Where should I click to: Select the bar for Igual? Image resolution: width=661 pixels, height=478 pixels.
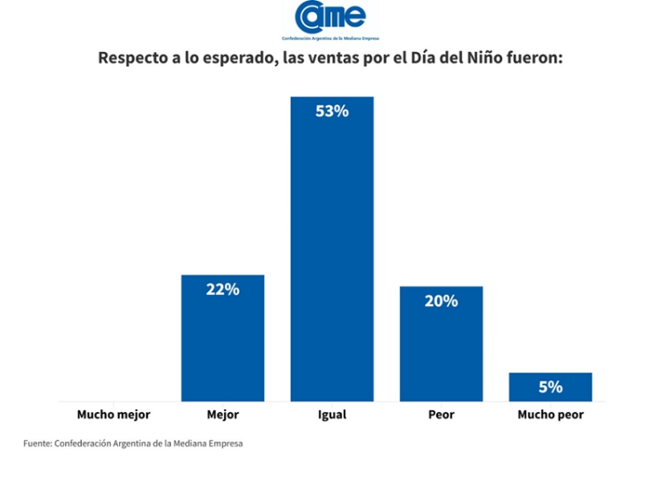[331, 255]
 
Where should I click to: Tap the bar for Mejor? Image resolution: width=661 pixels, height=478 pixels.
[222, 343]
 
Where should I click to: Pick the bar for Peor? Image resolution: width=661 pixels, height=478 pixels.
[441, 348]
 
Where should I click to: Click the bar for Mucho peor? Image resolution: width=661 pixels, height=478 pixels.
[550, 387]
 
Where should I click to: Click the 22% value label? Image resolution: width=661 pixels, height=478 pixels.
[222, 290]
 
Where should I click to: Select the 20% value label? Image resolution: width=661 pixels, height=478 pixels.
[441, 301]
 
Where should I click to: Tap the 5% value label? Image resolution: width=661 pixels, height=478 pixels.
[550, 386]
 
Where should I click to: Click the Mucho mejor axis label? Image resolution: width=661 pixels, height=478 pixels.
[114, 414]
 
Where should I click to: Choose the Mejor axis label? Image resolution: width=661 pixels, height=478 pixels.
[222, 414]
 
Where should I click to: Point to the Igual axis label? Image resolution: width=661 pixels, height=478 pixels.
[331, 414]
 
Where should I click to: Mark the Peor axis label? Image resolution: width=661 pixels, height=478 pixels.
[441, 414]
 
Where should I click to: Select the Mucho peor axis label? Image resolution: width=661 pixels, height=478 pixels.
[550, 414]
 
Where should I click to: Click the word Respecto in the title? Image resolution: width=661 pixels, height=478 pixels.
[134, 59]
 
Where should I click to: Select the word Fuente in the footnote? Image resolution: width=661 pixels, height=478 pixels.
[37, 443]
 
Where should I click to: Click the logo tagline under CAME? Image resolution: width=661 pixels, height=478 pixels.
[330, 39]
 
